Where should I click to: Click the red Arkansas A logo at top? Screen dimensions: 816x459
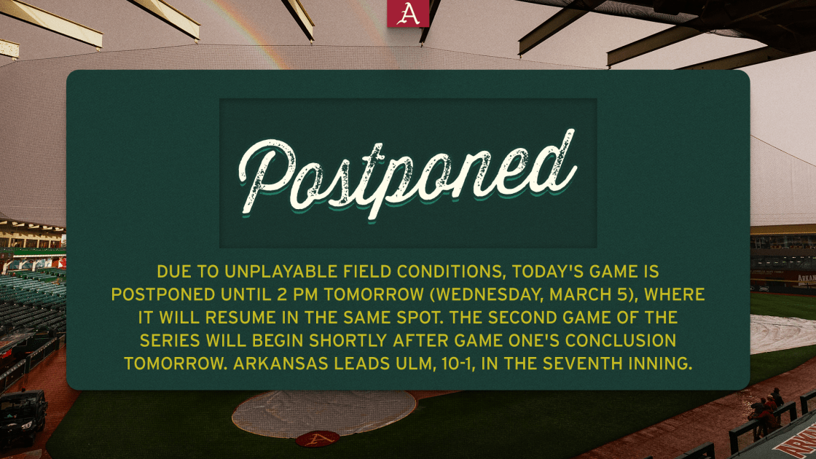pos(408,13)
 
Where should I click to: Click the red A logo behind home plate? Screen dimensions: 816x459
pos(318,439)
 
